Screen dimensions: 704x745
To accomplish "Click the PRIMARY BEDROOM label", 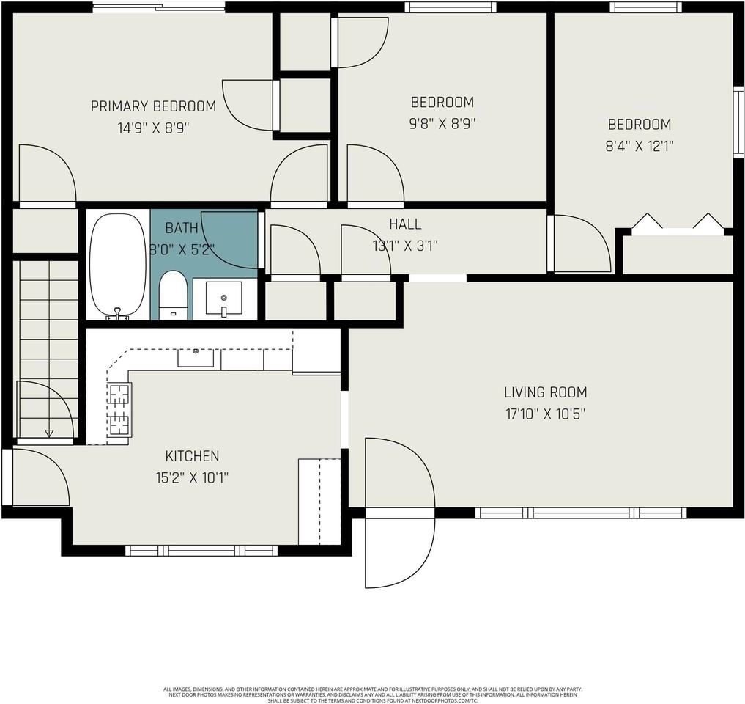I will (x=153, y=106).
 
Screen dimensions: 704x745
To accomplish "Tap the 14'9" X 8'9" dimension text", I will (x=153, y=128).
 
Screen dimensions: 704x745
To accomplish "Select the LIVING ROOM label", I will (x=545, y=392).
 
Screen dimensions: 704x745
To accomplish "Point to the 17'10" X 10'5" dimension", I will (x=545, y=414).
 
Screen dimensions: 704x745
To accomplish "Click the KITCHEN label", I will (x=192, y=456).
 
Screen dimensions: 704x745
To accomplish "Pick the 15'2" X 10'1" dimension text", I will (x=192, y=477).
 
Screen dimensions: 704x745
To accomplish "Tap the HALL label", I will (x=405, y=224).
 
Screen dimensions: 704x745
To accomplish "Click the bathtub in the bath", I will (x=118, y=265).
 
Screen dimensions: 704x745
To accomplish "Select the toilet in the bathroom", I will (x=174, y=294).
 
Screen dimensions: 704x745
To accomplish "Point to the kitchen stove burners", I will (x=119, y=410).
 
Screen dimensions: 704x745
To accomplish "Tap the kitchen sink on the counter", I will (x=196, y=357).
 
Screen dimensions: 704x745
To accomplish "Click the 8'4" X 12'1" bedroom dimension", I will (x=639, y=146).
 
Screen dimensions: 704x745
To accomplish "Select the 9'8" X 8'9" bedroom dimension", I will (x=442, y=123).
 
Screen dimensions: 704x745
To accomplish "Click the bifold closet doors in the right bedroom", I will (x=677, y=224).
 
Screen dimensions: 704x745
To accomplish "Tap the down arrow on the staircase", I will (x=49, y=433).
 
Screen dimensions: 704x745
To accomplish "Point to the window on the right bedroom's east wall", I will (x=738, y=122).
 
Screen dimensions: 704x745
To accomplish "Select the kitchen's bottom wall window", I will (x=201, y=550).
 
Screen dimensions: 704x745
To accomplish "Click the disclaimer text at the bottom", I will (x=372, y=694).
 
